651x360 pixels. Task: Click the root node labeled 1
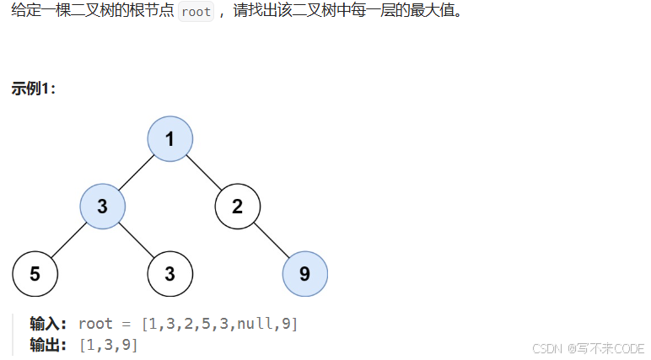pos(170,139)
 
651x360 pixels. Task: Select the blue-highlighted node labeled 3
pos(103,207)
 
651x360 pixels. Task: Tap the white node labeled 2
pos(237,207)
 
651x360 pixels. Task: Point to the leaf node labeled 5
pos(35,274)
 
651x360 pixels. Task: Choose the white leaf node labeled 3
pos(170,274)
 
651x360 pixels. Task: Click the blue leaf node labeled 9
pos(304,274)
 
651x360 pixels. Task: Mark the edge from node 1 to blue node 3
pos(137,173)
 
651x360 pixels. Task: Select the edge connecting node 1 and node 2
pos(204,173)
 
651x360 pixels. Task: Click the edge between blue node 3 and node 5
pos(69,240)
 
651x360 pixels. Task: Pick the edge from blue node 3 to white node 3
pos(137,240)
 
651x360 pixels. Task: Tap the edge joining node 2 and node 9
pos(271,240)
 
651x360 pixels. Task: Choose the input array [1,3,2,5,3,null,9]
pos(219,324)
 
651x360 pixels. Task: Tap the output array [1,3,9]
pos(108,344)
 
